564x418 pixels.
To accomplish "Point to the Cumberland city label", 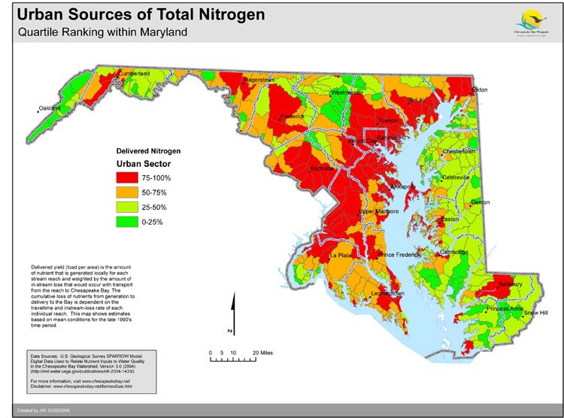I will [x=133, y=74].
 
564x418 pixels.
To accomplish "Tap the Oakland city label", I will [x=50, y=108].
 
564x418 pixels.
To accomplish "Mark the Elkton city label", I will [x=479, y=90].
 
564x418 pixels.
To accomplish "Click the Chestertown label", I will [x=459, y=151].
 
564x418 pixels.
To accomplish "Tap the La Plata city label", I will [x=341, y=256].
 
